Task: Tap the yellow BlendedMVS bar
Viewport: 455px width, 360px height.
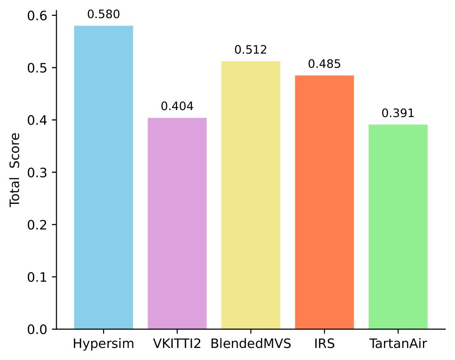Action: coord(251,195)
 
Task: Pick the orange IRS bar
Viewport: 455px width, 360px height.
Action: coord(324,202)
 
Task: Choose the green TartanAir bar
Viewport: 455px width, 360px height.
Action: coord(398,227)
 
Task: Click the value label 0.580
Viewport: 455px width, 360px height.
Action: coord(104,14)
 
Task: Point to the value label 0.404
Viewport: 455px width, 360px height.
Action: coord(177,106)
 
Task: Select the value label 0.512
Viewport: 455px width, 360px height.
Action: coord(251,50)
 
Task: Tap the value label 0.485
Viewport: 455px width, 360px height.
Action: coord(324,64)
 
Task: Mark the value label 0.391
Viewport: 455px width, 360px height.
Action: coord(398,113)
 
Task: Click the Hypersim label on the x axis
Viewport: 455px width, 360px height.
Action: coord(104,344)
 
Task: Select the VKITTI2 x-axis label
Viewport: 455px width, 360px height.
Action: coord(177,344)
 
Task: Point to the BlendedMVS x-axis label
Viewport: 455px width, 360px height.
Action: coord(251,344)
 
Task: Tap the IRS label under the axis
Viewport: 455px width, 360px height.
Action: coord(324,344)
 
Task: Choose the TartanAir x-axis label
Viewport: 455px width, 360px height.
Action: coord(398,344)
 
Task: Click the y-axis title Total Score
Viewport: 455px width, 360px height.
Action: coord(15,170)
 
